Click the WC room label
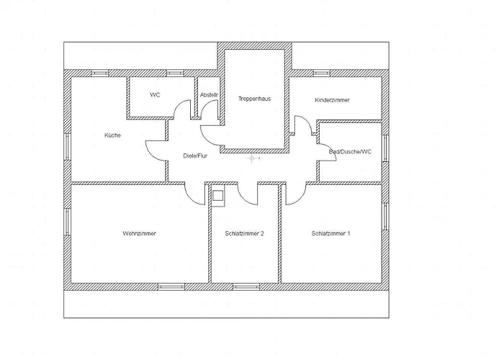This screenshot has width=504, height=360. pyautogui.click(x=155, y=95)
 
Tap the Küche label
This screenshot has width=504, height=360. pyautogui.click(x=112, y=135)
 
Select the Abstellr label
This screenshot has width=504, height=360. pyautogui.click(x=209, y=95)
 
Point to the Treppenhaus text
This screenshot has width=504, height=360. pyautogui.click(x=255, y=99)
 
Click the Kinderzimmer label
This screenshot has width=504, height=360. pyautogui.click(x=332, y=100)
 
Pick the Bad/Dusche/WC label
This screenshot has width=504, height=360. pyautogui.click(x=350, y=151)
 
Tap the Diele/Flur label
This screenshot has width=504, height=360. pyautogui.click(x=195, y=156)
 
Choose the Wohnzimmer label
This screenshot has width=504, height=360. pyautogui.click(x=139, y=233)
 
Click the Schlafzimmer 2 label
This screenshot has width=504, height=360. pyautogui.click(x=244, y=233)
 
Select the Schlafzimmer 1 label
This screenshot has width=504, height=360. pyautogui.click(x=330, y=233)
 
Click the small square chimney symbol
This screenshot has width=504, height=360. pyautogui.click(x=218, y=195)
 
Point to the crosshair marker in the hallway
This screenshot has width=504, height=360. pyautogui.click(x=252, y=158)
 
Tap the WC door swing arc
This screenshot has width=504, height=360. pyautogui.click(x=178, y=105)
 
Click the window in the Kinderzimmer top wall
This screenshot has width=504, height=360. pyautogui.click(x=322, y=73)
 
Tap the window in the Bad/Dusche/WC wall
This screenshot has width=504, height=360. pyautogui.click(x=385, y=148)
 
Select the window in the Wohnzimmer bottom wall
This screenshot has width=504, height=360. pyautogui.click(x=171, y=287)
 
